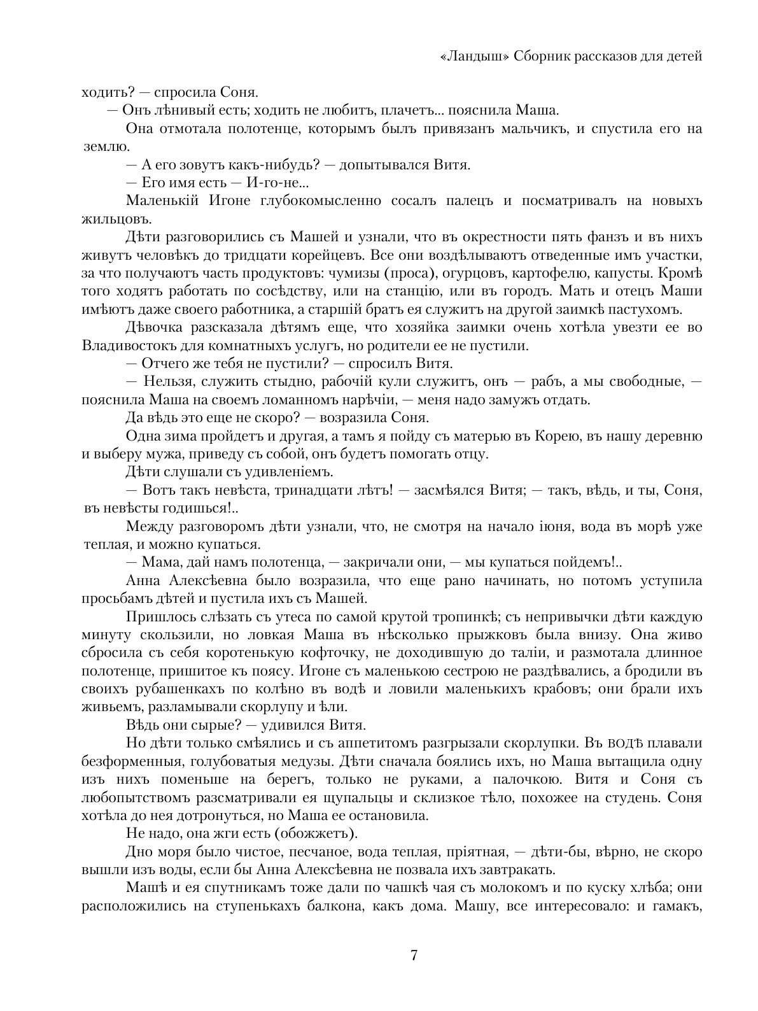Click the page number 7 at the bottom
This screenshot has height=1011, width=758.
[x=414, y=955]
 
